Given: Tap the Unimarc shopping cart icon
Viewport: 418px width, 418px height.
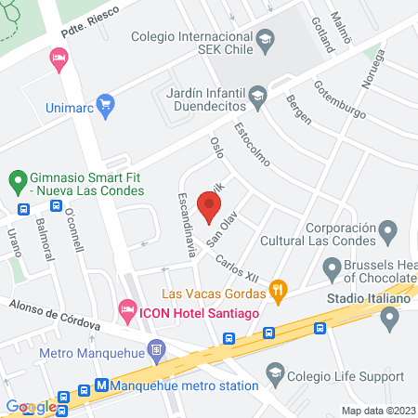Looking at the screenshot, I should tap(105, 103).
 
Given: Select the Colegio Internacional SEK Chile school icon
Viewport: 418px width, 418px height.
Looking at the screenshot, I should tap(265, 39).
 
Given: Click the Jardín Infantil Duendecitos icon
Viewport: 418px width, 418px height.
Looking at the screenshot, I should tap(259, 93).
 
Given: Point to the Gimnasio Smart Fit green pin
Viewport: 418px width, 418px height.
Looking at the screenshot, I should tap(16, 176).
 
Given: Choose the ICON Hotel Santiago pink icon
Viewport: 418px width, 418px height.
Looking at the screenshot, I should tap(126, 307).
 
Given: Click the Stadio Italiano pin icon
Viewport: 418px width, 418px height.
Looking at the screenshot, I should tap(389, 319).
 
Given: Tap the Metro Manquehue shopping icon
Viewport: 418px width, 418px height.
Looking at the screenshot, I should tap(156, 352).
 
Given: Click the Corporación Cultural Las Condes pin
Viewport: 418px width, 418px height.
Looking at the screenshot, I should tap(389, 229).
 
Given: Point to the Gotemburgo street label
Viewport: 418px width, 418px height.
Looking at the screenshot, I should tap(341, 98).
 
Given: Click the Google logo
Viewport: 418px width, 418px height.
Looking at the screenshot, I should tap(32, 406).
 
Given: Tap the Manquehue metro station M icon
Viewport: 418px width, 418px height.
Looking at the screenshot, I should tap(102, 385).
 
